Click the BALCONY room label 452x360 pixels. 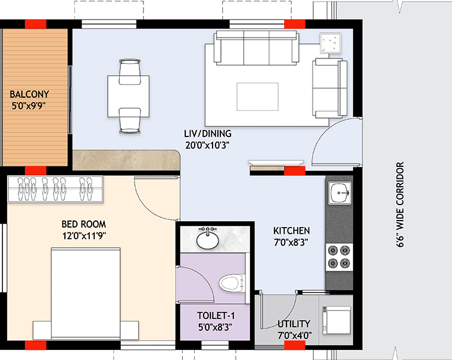[29, 94]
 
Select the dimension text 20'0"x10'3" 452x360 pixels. [207, 144]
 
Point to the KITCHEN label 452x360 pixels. [291, 231]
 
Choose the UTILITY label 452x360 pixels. [294, 324]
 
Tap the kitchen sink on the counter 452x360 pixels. [339, 192]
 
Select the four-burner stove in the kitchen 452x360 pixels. [339, 256]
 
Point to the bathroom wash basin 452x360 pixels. [208, 240]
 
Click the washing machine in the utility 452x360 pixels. [335, 320]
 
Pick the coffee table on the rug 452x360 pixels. [257, 96]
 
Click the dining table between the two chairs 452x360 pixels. [128, 96]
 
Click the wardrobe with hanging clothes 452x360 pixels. [55, 190]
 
